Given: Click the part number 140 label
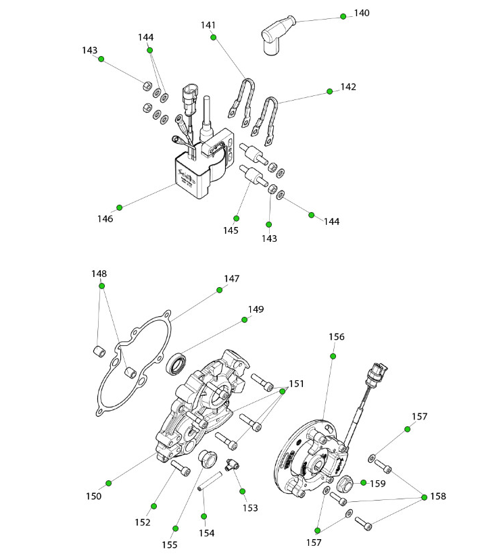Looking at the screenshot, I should point(362,14).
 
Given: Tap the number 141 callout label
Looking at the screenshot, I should point(208,26).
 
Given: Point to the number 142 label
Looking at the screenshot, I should point(348,87).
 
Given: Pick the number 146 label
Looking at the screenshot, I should point(105,218).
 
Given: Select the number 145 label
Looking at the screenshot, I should point(231,230).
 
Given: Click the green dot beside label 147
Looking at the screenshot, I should point(220,290).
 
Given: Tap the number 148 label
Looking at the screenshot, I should point(99,274).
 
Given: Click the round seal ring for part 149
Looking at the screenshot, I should point(178,365).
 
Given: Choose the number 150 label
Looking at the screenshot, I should point(94,496).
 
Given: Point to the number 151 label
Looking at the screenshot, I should point(296,384).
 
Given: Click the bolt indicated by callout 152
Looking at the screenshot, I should point(181,467).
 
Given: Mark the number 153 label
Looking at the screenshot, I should point(250,508).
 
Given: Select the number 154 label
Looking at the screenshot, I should point(206,533).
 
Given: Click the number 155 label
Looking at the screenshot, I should point(169,545).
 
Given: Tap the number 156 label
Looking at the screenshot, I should point(337,336).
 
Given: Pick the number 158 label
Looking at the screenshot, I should point(438,497).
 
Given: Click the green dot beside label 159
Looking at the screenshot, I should point(363,483).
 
